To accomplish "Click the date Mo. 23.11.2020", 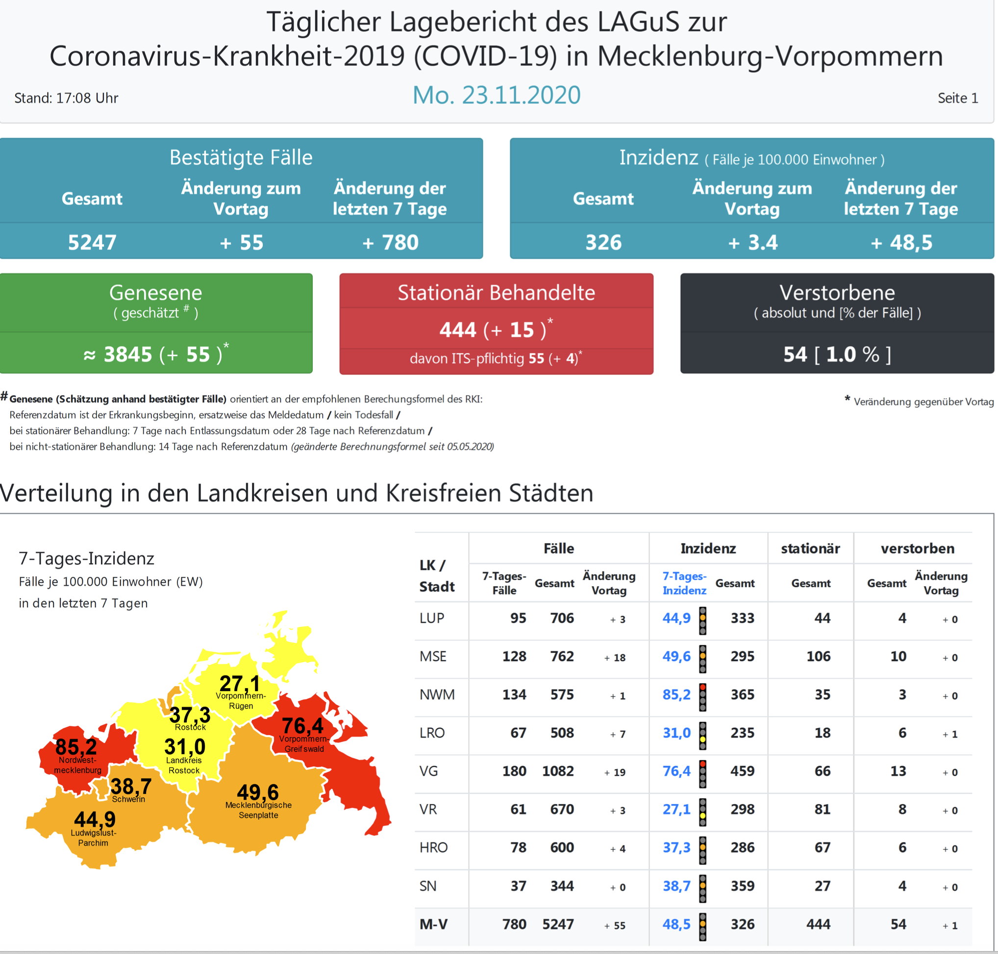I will [x=496, y=95].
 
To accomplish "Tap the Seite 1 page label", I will [x=957, y=97].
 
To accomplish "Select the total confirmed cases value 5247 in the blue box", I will [x=92, y=242].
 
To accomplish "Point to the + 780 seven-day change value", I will [x=390, y=242].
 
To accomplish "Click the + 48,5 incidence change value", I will [x=901, y=242].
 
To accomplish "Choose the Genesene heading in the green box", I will [x=156, y=292].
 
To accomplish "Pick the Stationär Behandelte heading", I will [x=496, y=292].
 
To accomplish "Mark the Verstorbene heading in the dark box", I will [x=837, y=292].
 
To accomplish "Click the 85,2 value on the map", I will [x=76, y=746].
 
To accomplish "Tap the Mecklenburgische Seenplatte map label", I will [x=258, y=810].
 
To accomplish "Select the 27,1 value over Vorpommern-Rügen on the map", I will [x=239, y=683].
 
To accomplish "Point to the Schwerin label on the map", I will [x=128, y=799].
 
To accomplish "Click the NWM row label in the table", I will [x=437, y=694].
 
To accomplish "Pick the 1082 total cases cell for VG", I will [x=558, y=771].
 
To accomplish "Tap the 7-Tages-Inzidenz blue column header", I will [x=684, y=583].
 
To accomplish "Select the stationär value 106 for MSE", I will [x=818, y=656].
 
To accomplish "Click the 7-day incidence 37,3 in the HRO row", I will [x=676, y=847].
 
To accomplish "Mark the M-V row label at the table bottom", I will [x=434, y=924].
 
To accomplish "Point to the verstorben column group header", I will [x=917, y=548].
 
